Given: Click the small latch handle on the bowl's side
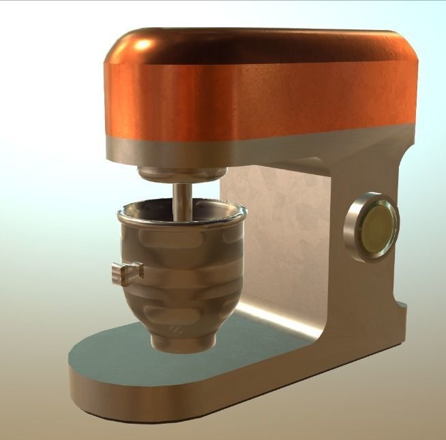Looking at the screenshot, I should (127, 270).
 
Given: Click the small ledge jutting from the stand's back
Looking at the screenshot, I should (402, 307).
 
